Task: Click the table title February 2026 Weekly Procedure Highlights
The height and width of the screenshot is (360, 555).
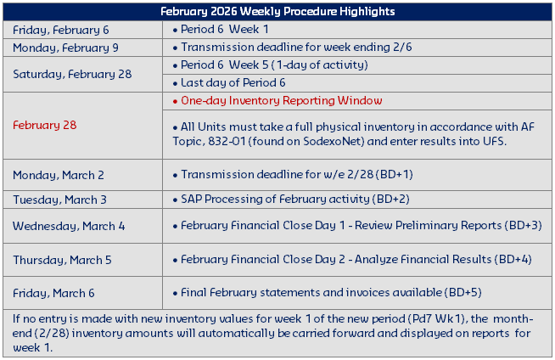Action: tap(277, 11)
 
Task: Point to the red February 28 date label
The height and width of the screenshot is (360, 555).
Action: tap(44, 125)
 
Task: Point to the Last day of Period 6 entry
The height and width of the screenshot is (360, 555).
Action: tap(233, 82)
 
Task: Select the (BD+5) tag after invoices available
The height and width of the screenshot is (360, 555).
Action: tap(462, 293)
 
